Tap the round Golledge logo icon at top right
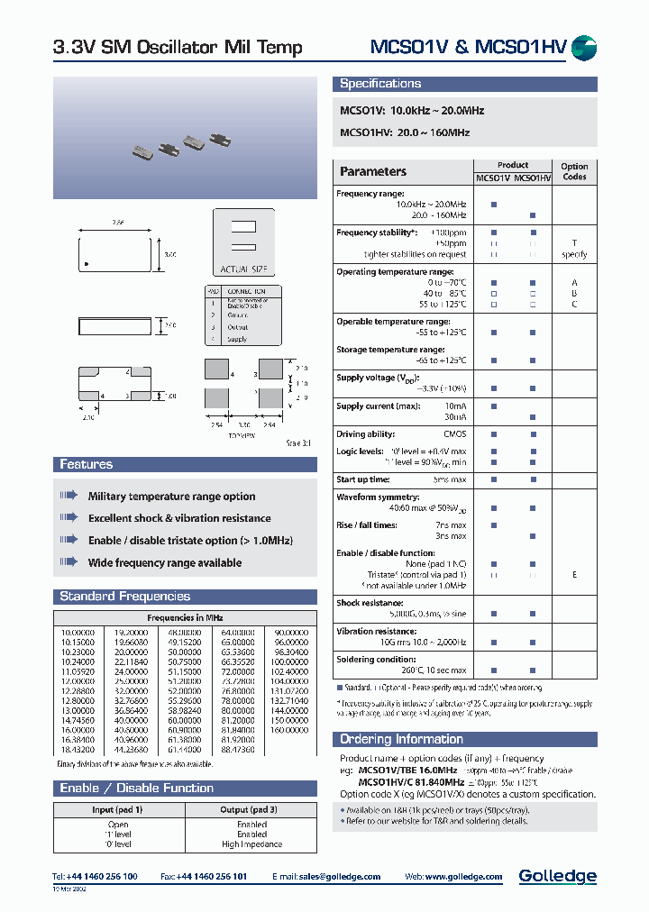(584, 49)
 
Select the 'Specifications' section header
(380, 84)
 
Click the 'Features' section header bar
(87, 465)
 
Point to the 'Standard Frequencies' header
(124, 597)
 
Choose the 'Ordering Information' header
(401, 739)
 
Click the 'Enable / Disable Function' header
(136, 788)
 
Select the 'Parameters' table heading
(373, 171)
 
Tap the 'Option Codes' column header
(574, 171)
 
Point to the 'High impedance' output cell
(251, 844)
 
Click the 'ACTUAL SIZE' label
(242, 269)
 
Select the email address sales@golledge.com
(340, 877)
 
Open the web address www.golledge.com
(468, 877)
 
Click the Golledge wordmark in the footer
(557, 876)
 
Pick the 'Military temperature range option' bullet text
(171, 497)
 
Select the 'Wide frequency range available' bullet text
(165, 563)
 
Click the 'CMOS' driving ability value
(455, 434)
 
